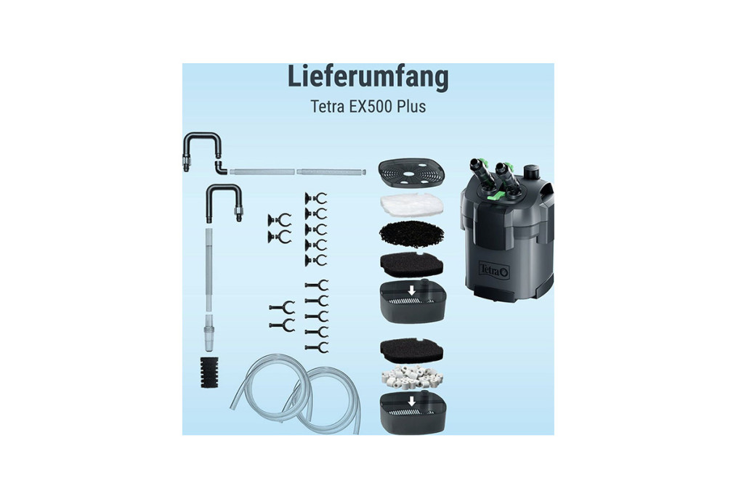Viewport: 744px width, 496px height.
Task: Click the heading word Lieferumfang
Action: click(x=368, y=77)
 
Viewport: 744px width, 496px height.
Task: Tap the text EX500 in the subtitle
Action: click(x=370, y=106)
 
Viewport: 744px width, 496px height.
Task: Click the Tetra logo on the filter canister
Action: click(x=494, y=270)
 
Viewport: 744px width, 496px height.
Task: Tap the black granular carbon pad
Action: click(x=411, y=235)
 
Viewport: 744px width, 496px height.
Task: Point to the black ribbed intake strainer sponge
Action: click(x=209, y=373)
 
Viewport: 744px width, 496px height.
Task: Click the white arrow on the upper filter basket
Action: click(x=411, y=290)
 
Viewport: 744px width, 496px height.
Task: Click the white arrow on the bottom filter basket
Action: click(x=411, y=401)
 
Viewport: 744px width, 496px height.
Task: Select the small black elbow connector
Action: click(x=221, y=167)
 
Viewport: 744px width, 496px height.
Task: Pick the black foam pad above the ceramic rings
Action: click(x=411, y=351)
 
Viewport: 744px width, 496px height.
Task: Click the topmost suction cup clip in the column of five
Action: click(x=315, y=198)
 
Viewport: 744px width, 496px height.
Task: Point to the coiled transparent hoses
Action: click(x=294, y=394)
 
